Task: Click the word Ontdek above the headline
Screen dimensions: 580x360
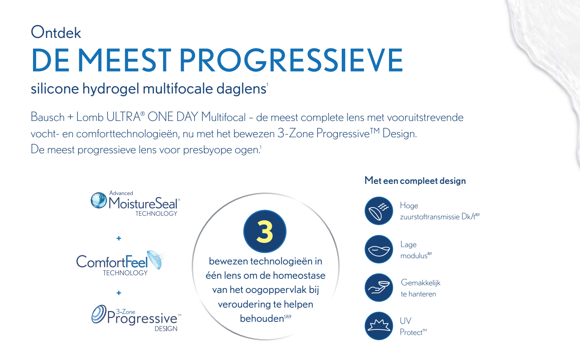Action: (56, 32)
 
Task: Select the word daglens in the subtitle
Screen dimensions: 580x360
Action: (241, 89)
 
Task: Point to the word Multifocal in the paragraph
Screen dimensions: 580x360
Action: (223, 117)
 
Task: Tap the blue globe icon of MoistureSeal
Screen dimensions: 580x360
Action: (99, 200)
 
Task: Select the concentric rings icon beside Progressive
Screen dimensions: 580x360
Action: (99, 314)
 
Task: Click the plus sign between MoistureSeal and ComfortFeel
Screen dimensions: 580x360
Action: (119, 238)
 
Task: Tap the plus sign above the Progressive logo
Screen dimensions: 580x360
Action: (119, 293)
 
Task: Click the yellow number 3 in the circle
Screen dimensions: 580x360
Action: (265, 231)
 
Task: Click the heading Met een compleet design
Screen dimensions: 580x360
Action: (415, 180)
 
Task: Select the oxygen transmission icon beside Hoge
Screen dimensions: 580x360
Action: (379, 211)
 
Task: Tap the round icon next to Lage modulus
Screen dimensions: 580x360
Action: (379, 249)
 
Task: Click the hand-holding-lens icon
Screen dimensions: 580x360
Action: (379, 287)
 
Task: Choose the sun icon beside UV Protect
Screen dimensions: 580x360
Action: (379, 326)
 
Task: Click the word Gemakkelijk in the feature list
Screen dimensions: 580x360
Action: (421, 283)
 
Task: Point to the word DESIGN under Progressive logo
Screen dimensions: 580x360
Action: (166, 329)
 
